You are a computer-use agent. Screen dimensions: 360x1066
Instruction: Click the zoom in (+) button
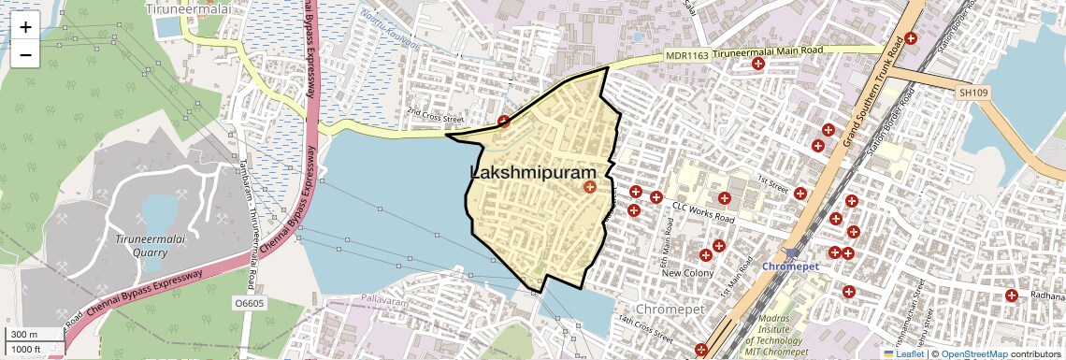(25, 27)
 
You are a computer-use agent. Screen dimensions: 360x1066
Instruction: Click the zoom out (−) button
(25, 54)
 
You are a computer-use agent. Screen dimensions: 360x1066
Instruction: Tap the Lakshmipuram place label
(533, 173)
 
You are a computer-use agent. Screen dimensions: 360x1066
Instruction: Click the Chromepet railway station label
(790, 266)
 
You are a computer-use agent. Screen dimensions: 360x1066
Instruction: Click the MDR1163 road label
(687, 56)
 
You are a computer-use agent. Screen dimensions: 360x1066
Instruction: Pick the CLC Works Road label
(704, 215)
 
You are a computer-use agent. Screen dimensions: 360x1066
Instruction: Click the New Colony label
(687, 273)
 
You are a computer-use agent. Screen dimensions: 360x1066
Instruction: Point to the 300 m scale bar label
(25, 335)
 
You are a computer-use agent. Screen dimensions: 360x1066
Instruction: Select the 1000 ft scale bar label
(28, 349)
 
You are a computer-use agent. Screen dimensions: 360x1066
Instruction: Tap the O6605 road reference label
(250, 303)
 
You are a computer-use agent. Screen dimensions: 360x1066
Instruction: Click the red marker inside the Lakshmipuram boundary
(589, 188)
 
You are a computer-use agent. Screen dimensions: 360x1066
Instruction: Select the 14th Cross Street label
(644, 328)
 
